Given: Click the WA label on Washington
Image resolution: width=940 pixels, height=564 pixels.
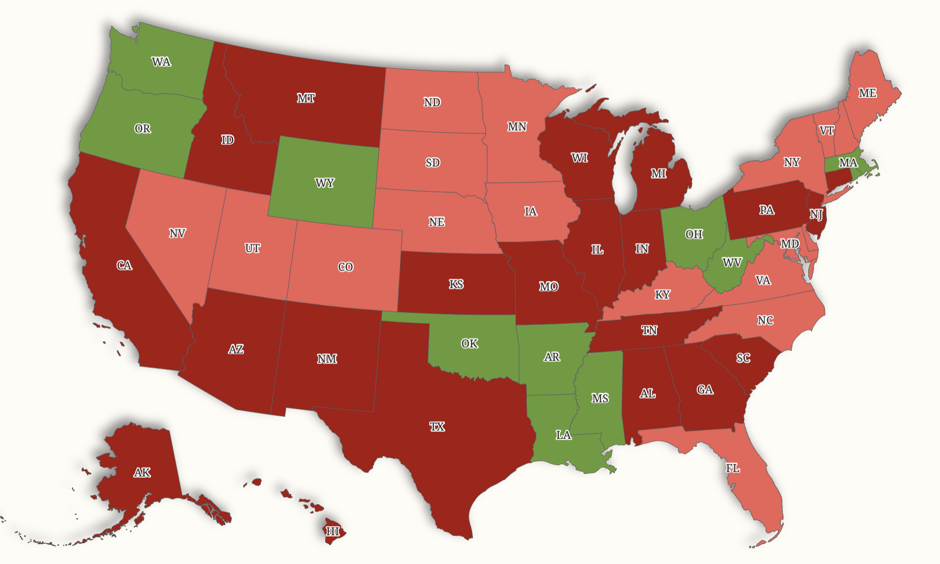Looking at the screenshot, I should (161, 62).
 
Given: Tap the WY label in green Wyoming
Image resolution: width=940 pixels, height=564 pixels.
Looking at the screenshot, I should (325, 183).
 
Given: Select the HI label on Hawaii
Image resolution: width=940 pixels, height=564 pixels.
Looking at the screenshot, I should (333, 531).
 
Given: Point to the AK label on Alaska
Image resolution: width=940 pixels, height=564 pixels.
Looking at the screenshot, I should (142, 473).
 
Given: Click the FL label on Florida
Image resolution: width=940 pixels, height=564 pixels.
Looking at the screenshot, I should (732, 468).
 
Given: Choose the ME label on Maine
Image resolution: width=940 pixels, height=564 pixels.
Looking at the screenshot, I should (867, 93).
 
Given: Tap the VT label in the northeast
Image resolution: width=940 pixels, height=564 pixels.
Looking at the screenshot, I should (826, 130).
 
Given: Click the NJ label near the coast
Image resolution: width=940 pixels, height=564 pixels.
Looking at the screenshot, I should (816, 214).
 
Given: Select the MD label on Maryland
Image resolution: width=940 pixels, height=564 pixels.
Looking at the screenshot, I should (790, 243).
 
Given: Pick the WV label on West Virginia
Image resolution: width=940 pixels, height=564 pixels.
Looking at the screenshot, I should (732, 262).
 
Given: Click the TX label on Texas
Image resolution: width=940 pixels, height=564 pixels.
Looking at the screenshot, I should (437, 427).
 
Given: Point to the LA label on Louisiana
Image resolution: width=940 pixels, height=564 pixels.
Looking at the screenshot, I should (563, 435).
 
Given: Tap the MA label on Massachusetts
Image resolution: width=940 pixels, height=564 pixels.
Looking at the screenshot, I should (848, 162).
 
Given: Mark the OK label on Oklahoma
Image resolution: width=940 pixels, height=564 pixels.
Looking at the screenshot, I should (469, 344).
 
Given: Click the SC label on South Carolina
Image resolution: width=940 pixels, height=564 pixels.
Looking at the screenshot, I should (743, 358).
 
